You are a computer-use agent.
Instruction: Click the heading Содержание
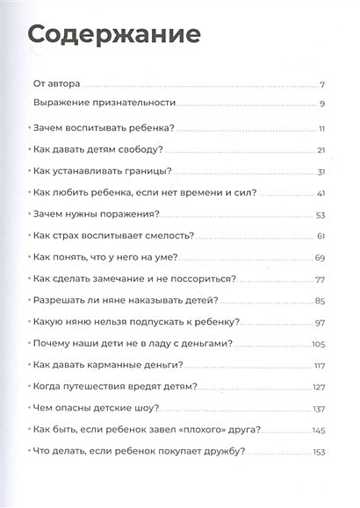pyautogui.click(x=114, y=36)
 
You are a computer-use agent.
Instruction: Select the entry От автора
pyautogui.click(x=56, y=84)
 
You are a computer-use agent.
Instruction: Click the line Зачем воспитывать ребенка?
pyautogui.click(x=103, y=127)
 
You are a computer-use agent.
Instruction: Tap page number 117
pyautogui.click(x=320, y=364)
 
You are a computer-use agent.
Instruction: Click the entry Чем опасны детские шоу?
pyautogui.click(x=95, y=407)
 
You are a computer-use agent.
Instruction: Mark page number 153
pyautogui.click(x=318, y=451)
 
